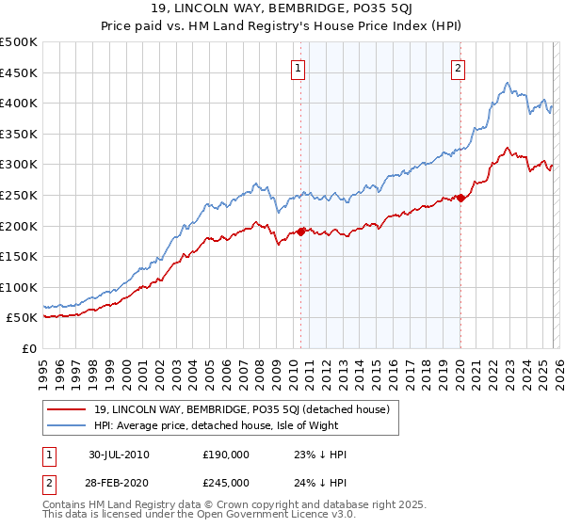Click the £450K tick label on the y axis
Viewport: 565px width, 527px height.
pos(19,72)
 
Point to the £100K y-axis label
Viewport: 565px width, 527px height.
pos(19,287)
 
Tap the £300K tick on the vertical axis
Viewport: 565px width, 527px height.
pos(19,165)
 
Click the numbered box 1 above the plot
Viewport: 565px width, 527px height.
pos(298,68)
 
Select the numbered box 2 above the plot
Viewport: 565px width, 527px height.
pos(458,68)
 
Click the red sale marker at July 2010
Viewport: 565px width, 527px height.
pos(301,231)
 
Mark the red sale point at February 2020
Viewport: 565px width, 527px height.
pos(460,197)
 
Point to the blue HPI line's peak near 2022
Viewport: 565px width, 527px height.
pos(507,83)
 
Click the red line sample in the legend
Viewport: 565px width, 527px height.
pos(67,409)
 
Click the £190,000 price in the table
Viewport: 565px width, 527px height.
pos(225,455)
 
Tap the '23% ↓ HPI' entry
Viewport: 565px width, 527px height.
pos(321,455)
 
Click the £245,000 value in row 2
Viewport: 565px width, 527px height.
pos(225,482)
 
